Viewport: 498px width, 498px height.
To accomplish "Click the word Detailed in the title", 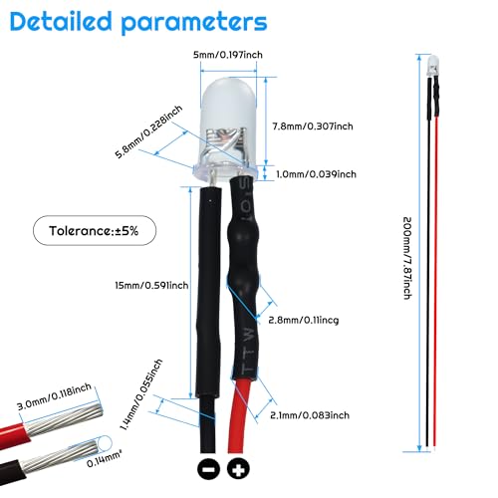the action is [x=61, y=22].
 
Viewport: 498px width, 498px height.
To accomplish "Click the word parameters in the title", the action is [x=194, y=24].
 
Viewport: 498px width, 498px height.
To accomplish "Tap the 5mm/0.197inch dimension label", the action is [x=228, y=55].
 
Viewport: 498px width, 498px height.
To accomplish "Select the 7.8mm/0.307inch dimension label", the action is [x=313, y=126].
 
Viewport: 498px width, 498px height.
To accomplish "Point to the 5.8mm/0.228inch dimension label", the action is [x=148, y=131].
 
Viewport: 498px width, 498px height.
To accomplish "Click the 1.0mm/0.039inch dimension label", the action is [x=316, y=174].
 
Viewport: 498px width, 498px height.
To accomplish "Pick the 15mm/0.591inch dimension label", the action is [x=151, y=285].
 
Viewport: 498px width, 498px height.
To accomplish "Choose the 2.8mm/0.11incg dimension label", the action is [x=304, y=320].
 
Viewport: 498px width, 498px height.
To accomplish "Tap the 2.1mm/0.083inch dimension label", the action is [x=310, y=415].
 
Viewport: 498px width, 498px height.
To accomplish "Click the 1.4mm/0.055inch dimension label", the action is [x=140, y=394].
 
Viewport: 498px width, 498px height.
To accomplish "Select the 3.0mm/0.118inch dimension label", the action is [x=54, y=396].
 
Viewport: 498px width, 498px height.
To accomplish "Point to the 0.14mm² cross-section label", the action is [x=104, y=458].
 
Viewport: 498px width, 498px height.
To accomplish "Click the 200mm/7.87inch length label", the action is [x=407, y=258].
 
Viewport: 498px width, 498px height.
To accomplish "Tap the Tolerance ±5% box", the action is [x=95, y=230].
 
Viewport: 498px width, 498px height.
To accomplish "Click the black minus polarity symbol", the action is [x=208, y=469].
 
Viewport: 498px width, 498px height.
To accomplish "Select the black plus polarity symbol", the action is [x=238, y=469].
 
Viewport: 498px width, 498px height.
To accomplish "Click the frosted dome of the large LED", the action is [x=228, y=103].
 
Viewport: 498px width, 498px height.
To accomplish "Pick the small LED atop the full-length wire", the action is [x=433, y=66].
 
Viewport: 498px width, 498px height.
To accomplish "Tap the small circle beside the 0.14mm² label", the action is [x=106, y=443].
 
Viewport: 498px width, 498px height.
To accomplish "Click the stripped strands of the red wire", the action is [x=63, y=420].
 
